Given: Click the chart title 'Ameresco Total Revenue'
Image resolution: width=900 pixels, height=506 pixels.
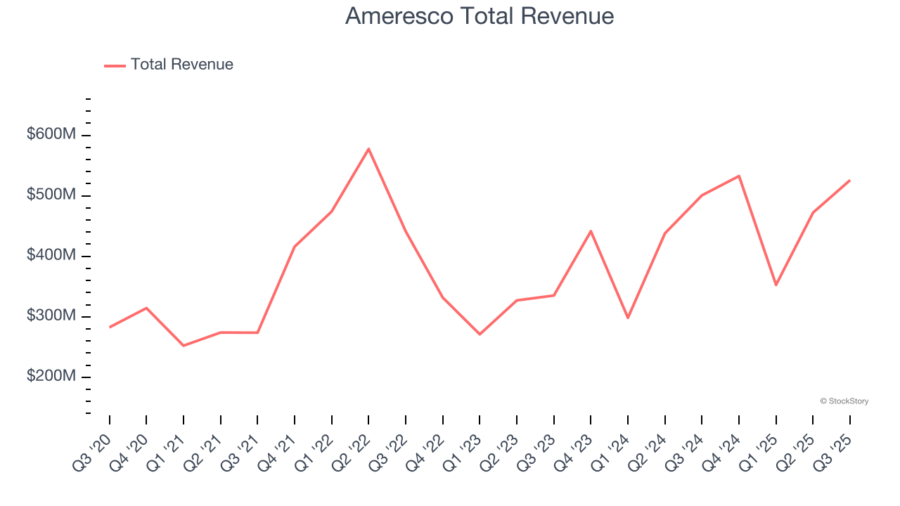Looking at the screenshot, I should click(480, 15).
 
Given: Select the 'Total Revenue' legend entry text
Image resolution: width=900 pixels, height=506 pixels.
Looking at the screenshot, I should click(181, 65).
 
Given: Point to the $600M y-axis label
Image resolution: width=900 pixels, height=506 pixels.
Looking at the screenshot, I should click(51, 134).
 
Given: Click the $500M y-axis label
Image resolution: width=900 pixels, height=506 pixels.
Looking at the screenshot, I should click(51, 195).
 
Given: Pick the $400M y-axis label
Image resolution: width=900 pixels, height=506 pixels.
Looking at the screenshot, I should click(51, 255).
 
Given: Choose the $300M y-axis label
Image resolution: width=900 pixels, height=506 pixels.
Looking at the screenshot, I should click(51, 316).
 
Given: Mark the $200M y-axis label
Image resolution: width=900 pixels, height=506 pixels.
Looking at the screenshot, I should click(51, 377).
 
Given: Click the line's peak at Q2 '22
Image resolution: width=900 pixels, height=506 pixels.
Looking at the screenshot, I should click(368, 149).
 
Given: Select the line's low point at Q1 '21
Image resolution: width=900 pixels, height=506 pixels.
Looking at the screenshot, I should click(184, 346).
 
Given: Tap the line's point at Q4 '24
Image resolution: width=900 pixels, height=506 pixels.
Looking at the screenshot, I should click(739, 176).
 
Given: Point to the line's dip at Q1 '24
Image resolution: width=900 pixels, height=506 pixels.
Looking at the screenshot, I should click(628, 318).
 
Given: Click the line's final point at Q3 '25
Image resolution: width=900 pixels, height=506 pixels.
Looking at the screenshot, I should click(849, 181).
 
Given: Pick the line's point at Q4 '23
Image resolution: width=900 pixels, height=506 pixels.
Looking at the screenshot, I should click(591, 231).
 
